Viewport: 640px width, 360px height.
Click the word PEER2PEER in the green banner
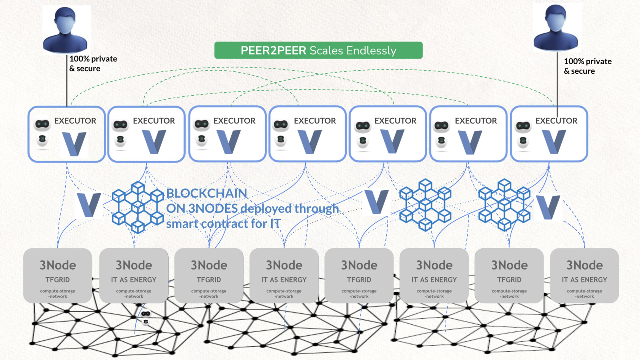coord(273,51)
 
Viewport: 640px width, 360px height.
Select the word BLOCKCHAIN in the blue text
coord(207,193)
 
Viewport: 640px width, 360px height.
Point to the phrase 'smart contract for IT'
coord(223,224)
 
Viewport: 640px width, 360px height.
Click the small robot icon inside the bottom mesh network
coord(145,317)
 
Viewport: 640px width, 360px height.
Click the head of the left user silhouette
coord(65,19)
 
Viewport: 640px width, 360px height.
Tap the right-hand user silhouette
coord(556,28)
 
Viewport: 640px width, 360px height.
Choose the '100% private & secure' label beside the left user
coord(93,64)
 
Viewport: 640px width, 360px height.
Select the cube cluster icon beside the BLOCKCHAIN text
coord(137,207)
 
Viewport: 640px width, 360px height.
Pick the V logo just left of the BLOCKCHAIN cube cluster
coord(88,205)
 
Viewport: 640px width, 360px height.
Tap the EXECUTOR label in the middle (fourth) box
coord(314,121)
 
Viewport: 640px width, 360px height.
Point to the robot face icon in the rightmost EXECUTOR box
coord(523,126)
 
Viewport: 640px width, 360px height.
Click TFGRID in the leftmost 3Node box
coord(57,280)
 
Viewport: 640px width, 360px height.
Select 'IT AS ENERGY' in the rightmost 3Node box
coord(584,280)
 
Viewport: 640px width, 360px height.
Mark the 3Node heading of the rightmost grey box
coord(584,265)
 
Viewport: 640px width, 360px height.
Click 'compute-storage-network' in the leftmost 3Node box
coord(57,294)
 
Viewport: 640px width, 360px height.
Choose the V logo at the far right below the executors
coord(548,207)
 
